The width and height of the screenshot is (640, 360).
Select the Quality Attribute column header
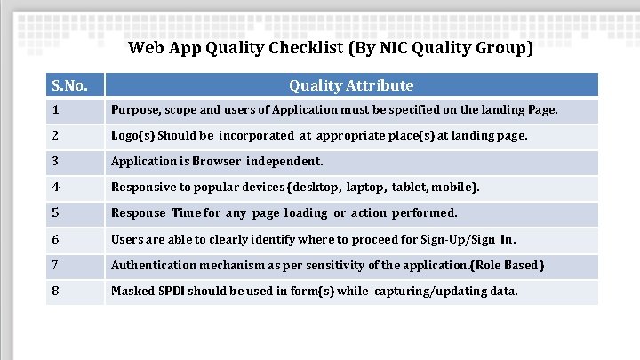tap(351, 85)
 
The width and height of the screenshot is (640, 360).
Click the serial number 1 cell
tap(74, 110)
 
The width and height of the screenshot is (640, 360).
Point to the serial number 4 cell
tap(74, 188)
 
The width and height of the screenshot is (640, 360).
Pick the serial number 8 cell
tap(74, 291)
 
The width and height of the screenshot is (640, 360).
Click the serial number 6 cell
tap(74, 239)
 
